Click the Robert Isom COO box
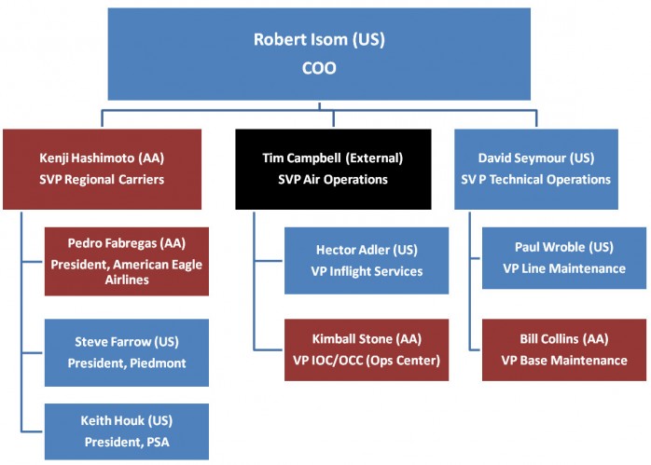click(319, 54)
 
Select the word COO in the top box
click(319, 68)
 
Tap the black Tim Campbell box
click(333, 170)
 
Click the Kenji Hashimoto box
click(103, 170)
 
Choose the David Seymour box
click(536, 170)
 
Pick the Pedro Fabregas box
click(127, 261)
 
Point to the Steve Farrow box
click(127, 352)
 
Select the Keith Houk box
click(127, 431)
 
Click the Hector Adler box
click(367, 261)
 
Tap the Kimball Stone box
click(367, 349)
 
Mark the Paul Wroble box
click(564, 258)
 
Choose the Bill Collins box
click(564, 349)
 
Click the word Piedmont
click(159, 363)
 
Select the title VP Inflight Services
click(367, 271)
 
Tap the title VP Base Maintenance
click(564, 361)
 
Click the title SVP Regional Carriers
click(102, 180)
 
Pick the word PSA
click(158, 443)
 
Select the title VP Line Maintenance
click(564, 268)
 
